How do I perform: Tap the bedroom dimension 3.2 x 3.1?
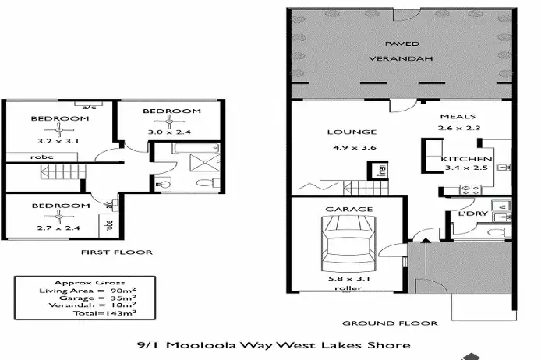click(59, 142)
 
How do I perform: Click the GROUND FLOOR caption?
click(389, 322)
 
